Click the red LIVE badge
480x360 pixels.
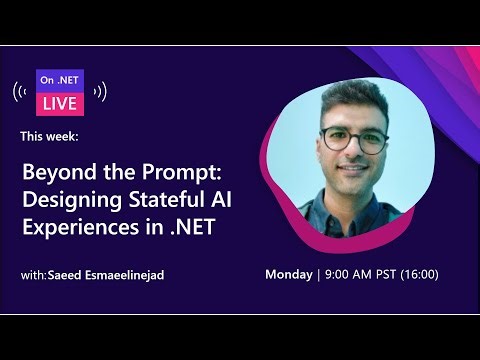point(60,101)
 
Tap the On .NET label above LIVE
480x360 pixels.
point(60,80)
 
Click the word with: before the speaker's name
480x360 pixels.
point(32,274)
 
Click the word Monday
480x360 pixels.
point(288,274)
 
